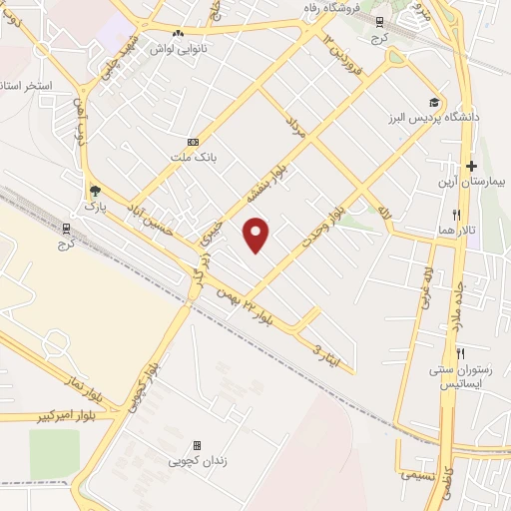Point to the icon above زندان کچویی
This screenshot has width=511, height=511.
point(197,445)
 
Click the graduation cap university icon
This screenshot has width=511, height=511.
point(434,102)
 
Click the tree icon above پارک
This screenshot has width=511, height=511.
point(95,190)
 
